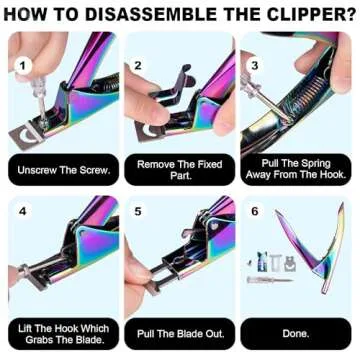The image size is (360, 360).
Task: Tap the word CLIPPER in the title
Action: [307, 13]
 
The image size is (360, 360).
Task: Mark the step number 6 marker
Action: [255, 212]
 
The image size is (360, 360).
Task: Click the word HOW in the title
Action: [28, 13]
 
